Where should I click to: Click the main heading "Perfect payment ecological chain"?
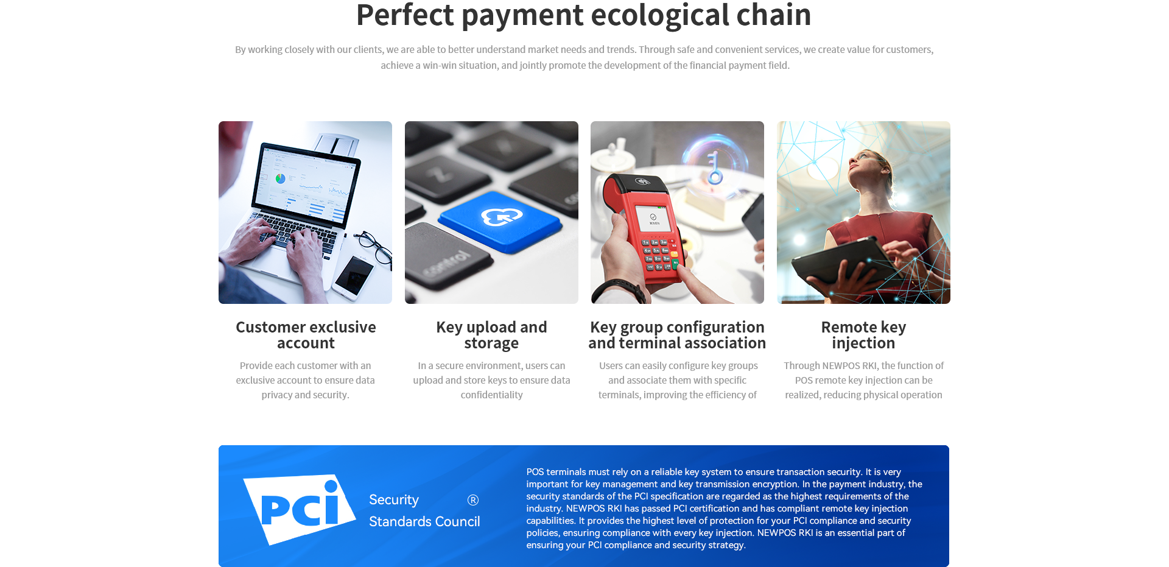coord(583,15)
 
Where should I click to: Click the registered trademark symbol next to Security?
coord(473,500)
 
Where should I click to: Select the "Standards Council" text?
coord(424,521)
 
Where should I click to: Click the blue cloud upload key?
coord(500,220)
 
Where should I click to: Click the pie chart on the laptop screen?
coord(280,178)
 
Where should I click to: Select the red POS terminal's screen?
coord(653,219)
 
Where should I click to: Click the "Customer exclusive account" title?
coord(306,335)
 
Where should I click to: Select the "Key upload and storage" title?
coord(491,335)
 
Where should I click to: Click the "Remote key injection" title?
coord(863,335)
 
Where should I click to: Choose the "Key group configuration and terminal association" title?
coord(677,335)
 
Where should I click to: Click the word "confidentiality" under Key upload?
coord(491,395)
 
